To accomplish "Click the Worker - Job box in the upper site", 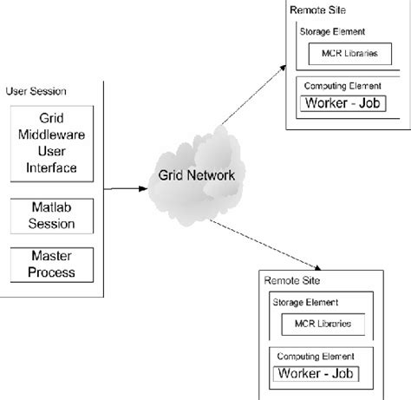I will pyautogui.click(x=342, y=103).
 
